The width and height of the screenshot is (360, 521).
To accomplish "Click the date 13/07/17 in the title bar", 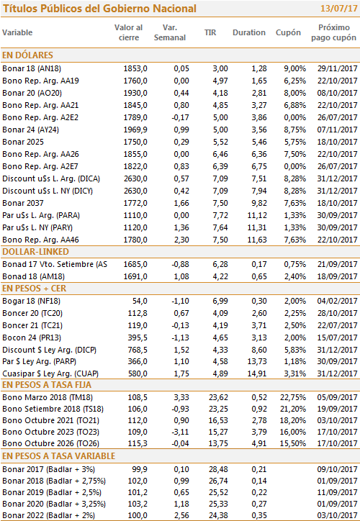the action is coord(338,9).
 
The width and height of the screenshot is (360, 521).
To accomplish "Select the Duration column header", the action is coord(249,32).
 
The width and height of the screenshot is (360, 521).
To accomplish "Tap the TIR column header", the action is coord(210,32).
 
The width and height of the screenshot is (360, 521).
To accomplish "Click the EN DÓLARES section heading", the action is coord(27,55).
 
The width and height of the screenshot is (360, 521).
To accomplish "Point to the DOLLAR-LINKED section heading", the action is coord(35,252).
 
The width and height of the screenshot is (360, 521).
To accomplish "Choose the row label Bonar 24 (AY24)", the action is coord(30,130).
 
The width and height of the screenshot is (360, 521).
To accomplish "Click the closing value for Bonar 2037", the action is coord(135,203).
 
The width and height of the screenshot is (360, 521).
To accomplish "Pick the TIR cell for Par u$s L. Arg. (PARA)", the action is coord(220,215).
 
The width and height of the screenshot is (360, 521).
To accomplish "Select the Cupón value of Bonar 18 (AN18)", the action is coord(295,69).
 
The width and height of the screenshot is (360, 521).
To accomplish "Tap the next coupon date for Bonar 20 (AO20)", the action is coord(337,93).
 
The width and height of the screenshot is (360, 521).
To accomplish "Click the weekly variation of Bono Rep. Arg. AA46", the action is coord(181,240).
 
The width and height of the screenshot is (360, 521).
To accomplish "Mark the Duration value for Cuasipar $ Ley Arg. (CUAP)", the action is coord(257,373).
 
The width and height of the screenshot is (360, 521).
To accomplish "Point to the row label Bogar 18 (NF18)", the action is coord(31,302).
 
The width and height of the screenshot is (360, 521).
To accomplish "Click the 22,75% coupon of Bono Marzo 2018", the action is coord(293,397).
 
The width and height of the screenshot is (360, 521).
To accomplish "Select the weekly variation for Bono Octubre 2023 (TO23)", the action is coord(181,432).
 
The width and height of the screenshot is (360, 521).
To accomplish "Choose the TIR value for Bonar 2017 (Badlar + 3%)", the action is coord(218,469).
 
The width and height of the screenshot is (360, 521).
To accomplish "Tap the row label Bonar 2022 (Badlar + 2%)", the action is coord(48,516).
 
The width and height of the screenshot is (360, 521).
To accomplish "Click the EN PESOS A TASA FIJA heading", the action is coord(47,385).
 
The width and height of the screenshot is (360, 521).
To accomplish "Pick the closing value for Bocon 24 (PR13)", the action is coord(138,338).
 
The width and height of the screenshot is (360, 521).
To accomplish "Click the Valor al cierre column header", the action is coord(129,32).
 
